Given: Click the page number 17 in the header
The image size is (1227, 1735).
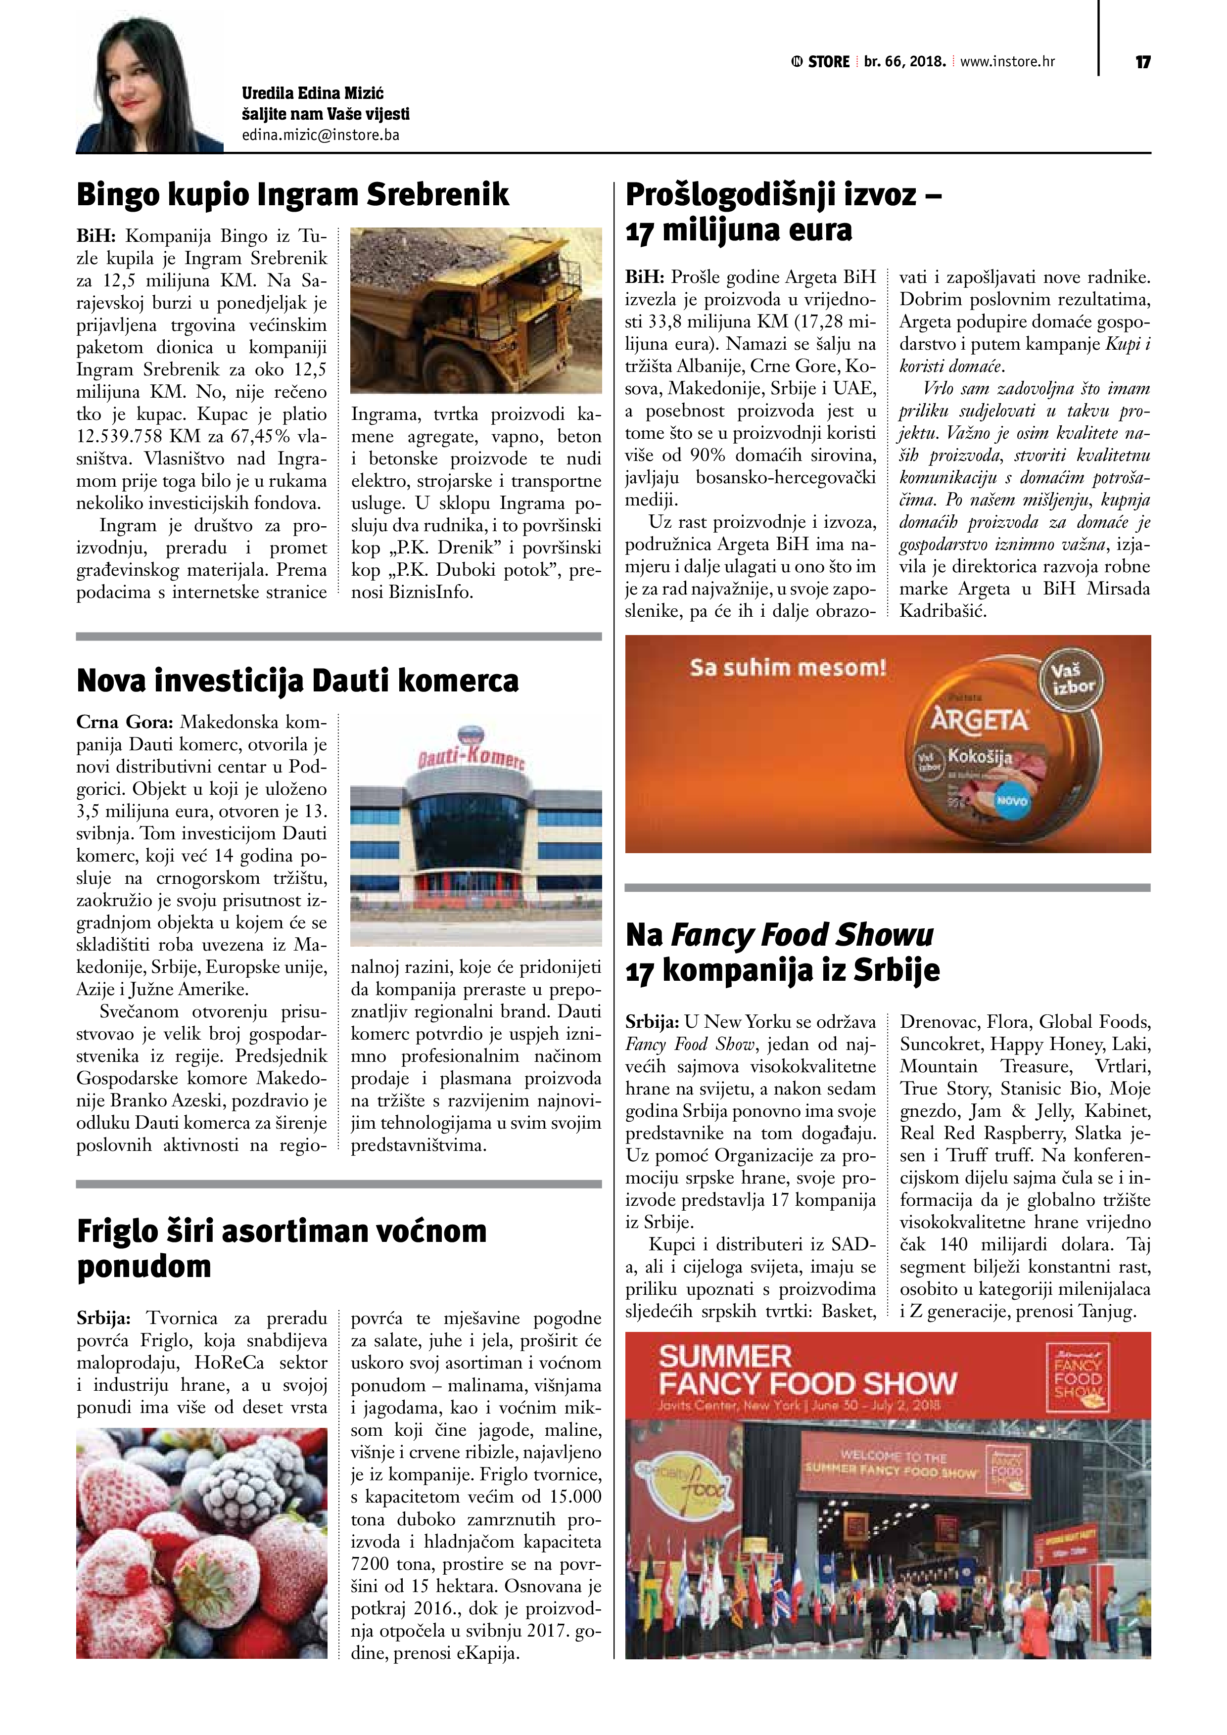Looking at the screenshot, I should click(1142, 62).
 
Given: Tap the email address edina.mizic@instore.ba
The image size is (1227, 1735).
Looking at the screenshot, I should click(321, 135).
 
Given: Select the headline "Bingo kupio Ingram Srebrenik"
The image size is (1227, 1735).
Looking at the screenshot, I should click(292, 194).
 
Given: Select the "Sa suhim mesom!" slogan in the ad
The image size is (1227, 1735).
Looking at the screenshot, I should click(787, 668).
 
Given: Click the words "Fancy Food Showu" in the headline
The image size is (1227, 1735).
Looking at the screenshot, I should click(802, 935).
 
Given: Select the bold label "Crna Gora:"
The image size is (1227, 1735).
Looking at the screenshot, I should click(125, 722).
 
